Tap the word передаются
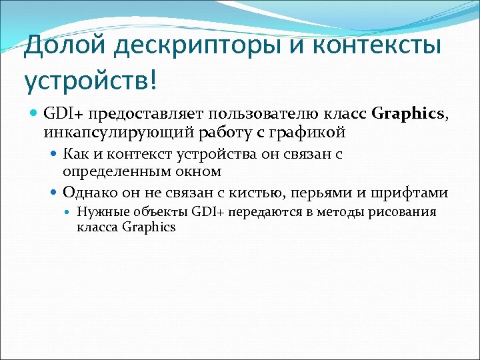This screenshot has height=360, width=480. coord(257,213)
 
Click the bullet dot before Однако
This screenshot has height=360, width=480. coord(55,193)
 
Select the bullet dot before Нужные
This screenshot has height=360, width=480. coord(70,213)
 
